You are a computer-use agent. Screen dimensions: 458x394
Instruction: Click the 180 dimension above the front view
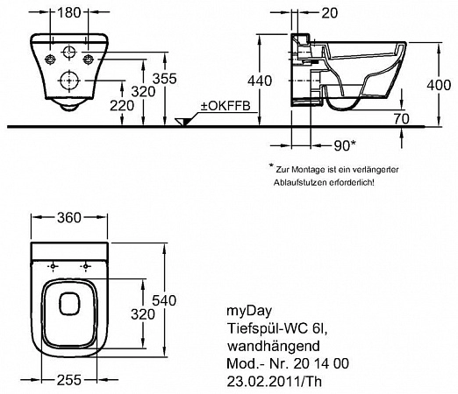[68, 12]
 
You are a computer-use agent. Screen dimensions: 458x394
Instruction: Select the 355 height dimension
[165, 79]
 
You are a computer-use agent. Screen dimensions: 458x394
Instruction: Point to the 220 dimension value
[122, 106]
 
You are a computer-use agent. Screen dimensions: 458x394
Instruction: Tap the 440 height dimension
[260, 81]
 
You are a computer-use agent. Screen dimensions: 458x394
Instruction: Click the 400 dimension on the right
[439, 85]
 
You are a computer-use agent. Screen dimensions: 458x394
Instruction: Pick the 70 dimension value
[401, 118]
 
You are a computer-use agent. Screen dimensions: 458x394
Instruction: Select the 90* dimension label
[345, 145]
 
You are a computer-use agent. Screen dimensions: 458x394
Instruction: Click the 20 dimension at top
[329, 13]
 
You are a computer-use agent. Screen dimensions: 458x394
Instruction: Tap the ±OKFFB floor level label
[225, 106]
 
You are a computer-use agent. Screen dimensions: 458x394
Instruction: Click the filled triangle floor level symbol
[182, 122]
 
